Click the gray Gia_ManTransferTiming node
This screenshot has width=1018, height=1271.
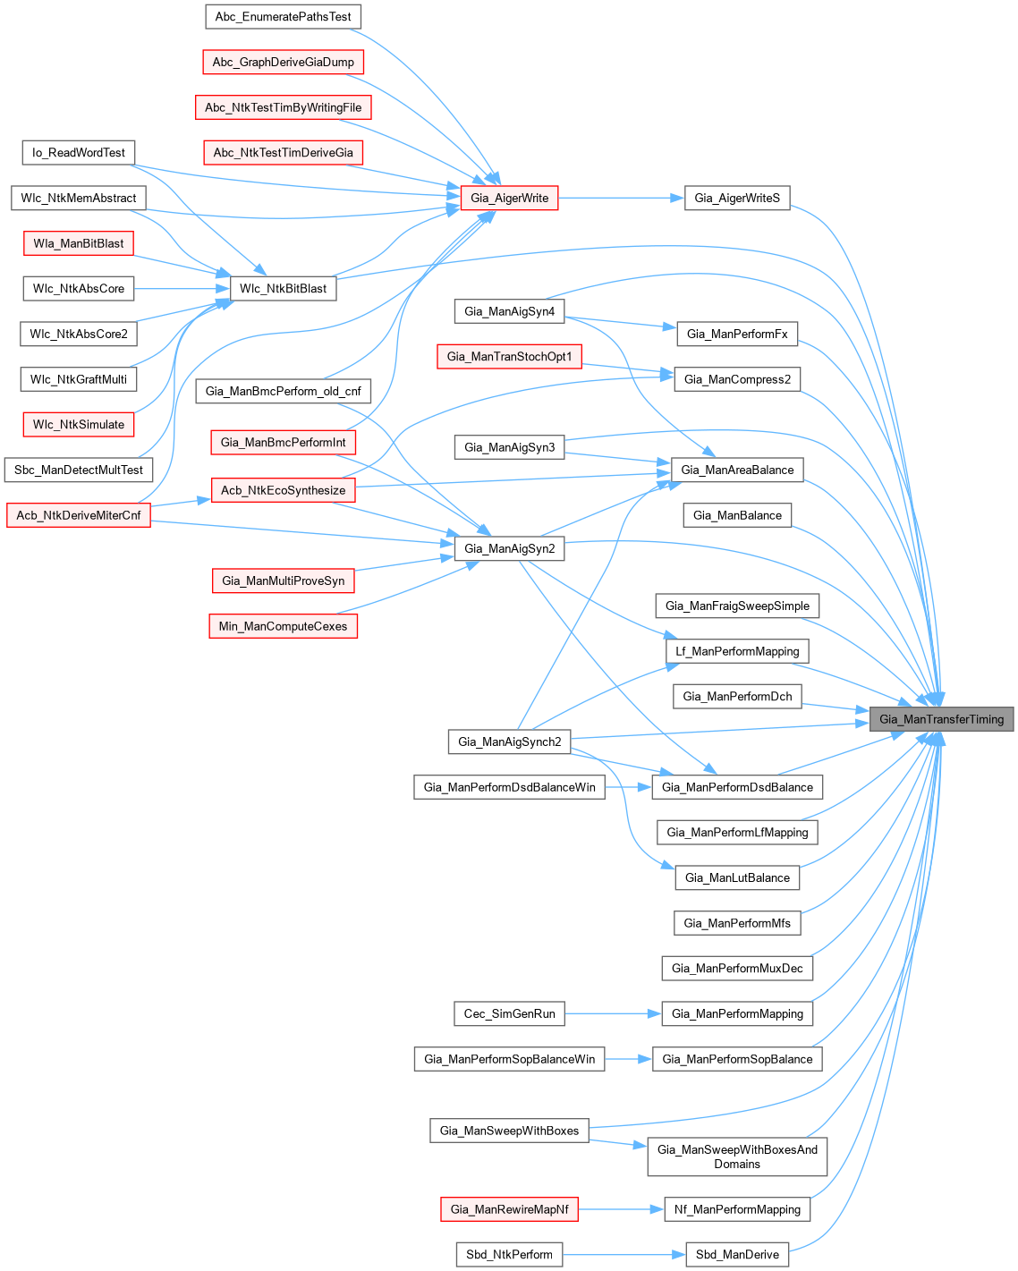[941, 719]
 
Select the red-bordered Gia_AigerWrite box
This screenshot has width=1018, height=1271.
[509, 198]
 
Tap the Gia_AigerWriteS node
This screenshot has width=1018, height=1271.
[737, 198]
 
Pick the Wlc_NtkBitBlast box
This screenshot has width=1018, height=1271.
[284, 289]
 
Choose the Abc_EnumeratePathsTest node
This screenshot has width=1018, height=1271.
[283, 17]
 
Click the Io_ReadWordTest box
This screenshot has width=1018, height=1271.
[79, 153]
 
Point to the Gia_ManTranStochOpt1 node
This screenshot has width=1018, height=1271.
[509, 357]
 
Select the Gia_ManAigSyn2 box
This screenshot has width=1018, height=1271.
[509, 548]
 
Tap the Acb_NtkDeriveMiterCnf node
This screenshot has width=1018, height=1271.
[79, 515]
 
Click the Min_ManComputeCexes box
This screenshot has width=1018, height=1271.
[283, 626]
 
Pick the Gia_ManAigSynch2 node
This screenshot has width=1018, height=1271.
[509, 741]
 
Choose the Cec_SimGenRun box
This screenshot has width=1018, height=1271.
[509, 1013]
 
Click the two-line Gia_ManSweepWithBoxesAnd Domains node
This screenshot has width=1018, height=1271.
[737, 1157]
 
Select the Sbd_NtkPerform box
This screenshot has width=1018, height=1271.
[509, 1255]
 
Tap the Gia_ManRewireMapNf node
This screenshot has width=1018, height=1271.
[509, 1209]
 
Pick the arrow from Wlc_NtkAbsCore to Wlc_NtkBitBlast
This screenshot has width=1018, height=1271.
[182, 289]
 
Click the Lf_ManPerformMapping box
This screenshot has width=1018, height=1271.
[737, 651]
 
